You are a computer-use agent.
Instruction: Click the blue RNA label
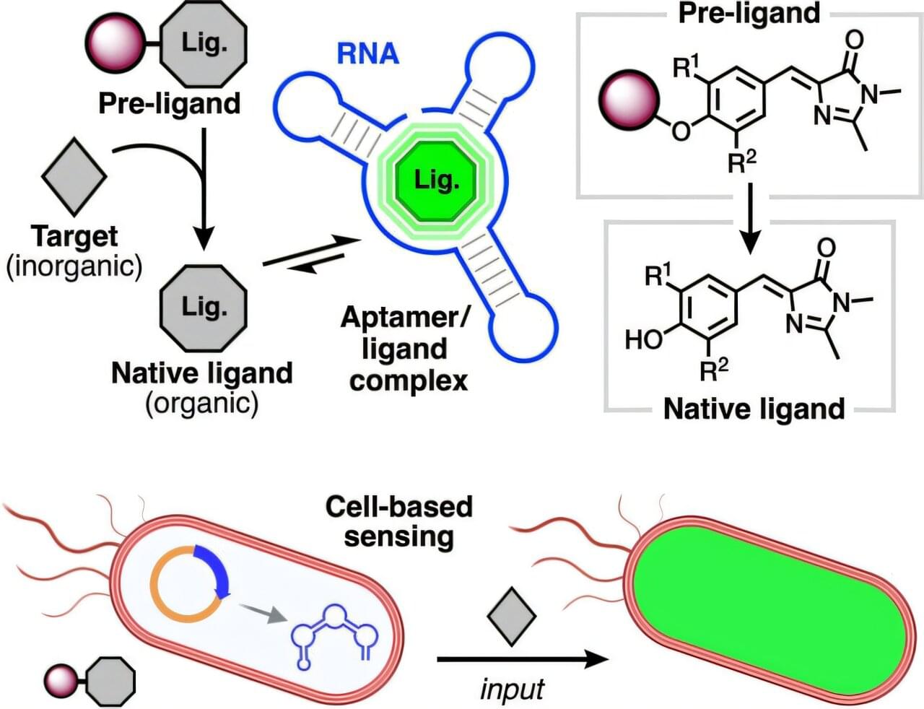pyautogui.click(x=367, y=54)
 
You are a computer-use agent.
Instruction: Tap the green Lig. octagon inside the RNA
pyautogui.click(x=436, y=180)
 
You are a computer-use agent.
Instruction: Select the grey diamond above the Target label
pyautogui.click(x=74, y=174)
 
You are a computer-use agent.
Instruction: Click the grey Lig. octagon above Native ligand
pyautogui.click(x=204, y=307)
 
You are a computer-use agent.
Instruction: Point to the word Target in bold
pyautogui.click(x=74, y=236)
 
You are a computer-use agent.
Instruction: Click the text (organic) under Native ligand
pyautogui.click(x=201, y=402)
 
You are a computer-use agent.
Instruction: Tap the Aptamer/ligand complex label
pyautogui.click(x=405, y=349)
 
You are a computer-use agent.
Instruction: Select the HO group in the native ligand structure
pyautogui.click(x=643, y=338)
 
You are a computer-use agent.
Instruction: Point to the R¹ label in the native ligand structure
pyautogui.click(x=658, y=275)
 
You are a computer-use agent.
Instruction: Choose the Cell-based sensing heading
pyautogui.click(x=398, y=521)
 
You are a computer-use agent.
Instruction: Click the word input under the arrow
pyautogui.click(x=512, y=688)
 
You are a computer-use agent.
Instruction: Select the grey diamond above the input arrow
pyautogui.click(x=512, y=616)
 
